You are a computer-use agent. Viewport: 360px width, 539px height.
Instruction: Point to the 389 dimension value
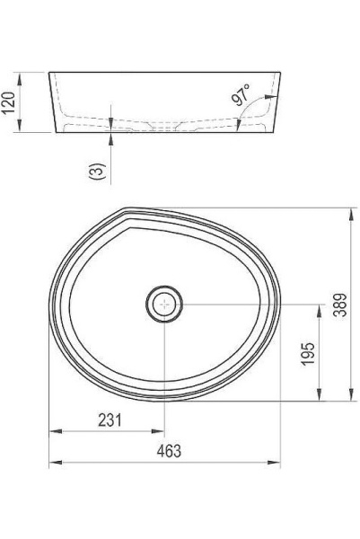click(337, 306)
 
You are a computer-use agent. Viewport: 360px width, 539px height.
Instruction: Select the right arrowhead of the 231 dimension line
click(161, 431)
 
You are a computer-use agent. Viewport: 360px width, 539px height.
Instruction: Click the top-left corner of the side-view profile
click(49, 71)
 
